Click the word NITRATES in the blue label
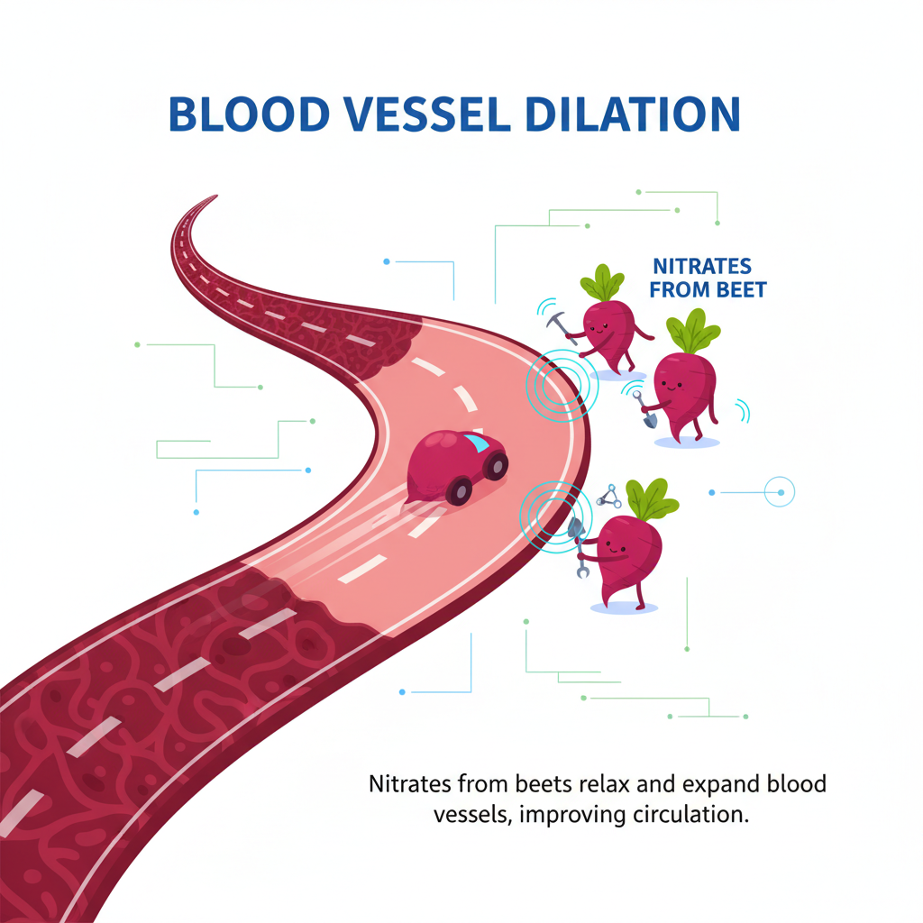[701, 268]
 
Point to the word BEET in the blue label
[743, 290]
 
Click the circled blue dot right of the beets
[779, 492]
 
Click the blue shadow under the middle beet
[687, 442]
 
